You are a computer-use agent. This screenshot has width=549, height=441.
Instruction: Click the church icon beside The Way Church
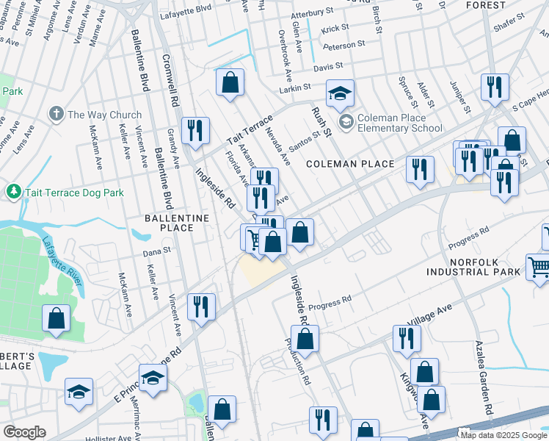point(56,115)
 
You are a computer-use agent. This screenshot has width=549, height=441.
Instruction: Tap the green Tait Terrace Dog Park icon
point(13,192)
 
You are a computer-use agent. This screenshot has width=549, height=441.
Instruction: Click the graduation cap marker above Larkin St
point(340,93)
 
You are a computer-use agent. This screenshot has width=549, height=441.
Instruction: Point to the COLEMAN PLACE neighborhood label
point(351,163)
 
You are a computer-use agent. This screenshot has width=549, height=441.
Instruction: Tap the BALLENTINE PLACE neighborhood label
point(178,223)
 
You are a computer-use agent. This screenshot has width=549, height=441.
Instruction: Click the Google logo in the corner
point(24,431)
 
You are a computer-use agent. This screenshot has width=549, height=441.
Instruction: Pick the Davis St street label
point(328,67)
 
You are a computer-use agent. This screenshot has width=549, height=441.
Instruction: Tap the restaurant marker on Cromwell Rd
point(195,131)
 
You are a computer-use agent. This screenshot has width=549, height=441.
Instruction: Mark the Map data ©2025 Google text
point(503,434)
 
